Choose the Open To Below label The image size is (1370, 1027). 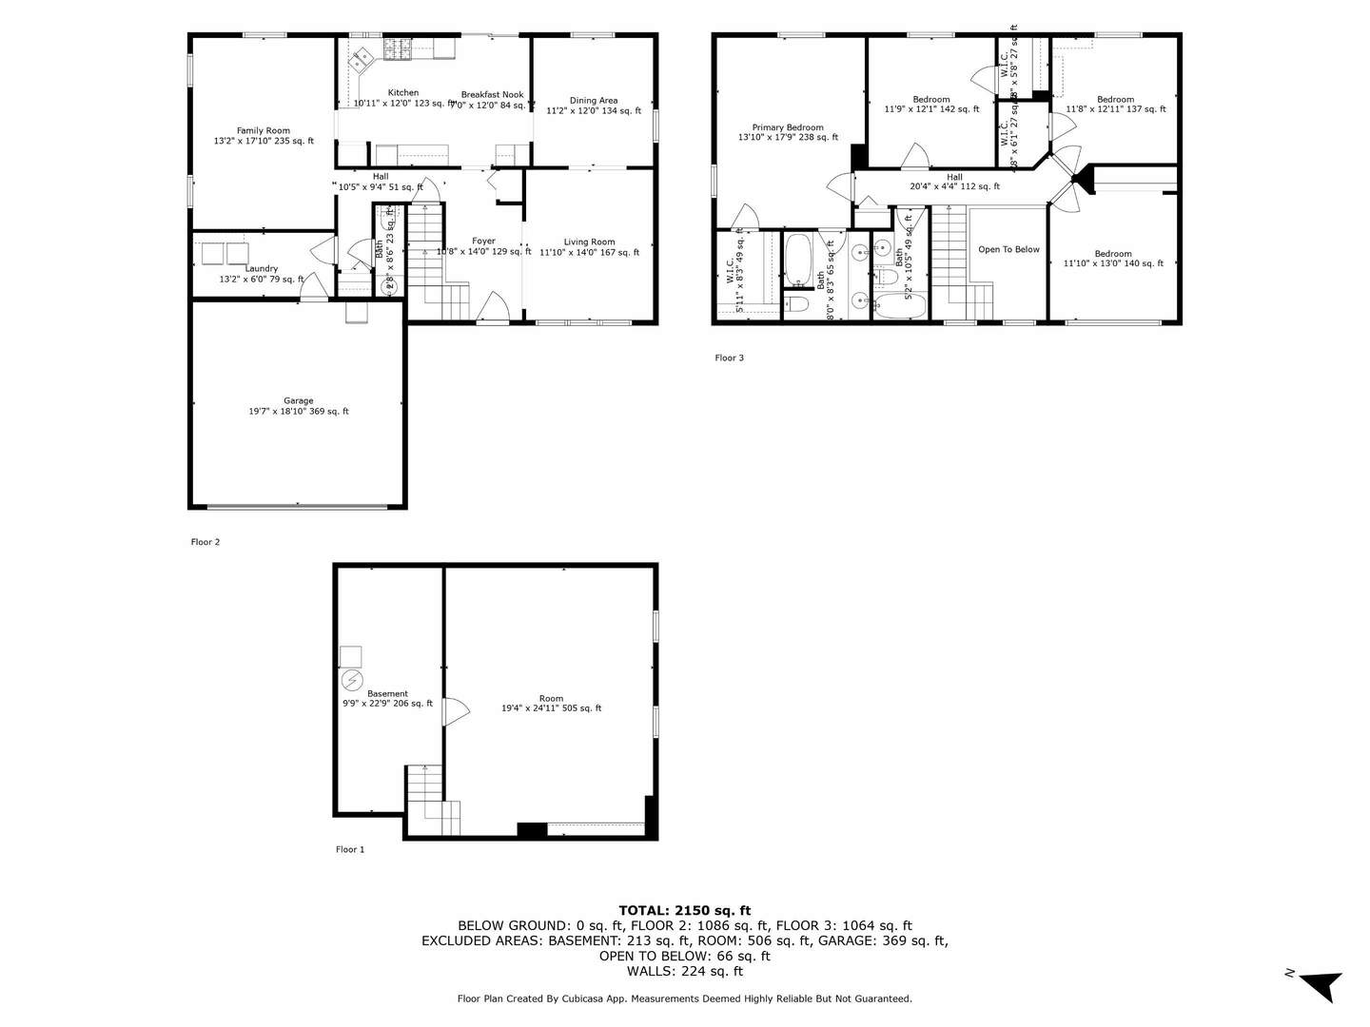pyautogui.click(x=1008, y=250)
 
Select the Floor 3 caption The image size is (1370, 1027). pyautogui.click(x=730, y=358)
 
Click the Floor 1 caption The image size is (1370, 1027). pyautogui.click(x=350, y=850)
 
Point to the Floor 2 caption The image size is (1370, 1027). pyautogui.click(x=205, y=542)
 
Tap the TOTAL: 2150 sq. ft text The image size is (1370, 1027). pyautogui.click(x=684, y=910)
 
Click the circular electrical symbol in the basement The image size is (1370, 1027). pyautogui.click(x=351, y=681)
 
